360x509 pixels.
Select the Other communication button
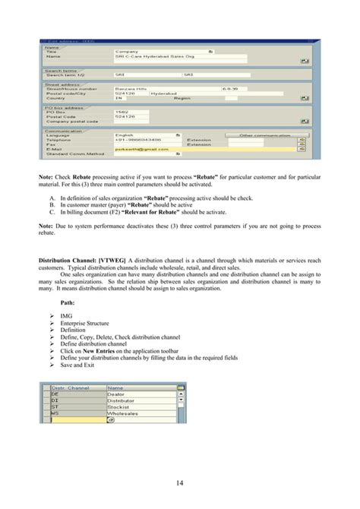pos(266,135)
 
